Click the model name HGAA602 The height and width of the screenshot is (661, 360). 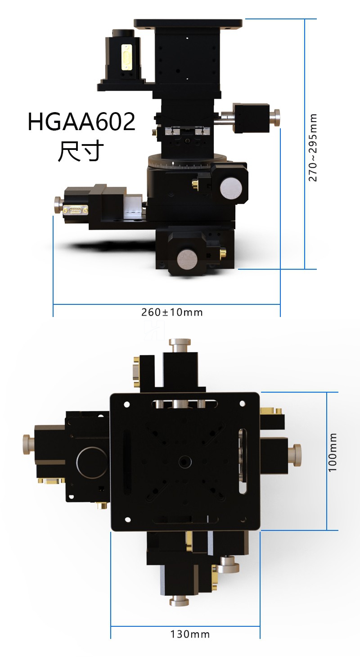81,122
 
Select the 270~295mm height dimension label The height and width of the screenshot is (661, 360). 313,148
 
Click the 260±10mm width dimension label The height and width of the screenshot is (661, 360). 172,312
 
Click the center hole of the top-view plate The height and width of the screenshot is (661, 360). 185,461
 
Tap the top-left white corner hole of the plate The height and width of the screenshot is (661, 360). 127,404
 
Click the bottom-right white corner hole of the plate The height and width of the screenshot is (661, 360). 243,520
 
